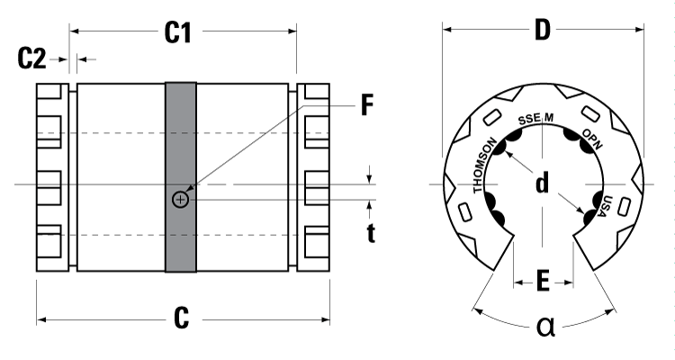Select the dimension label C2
coord(32,59)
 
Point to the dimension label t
coord(371,234)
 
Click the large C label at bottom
coord(181,318)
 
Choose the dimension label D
coord(542,31)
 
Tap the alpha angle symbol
coord(545,326)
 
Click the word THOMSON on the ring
coord(483,164)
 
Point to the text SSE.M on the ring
coord(535,117)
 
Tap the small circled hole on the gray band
coord(180,199)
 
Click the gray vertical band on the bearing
coord(180,135)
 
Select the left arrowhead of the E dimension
coord(517,283)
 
